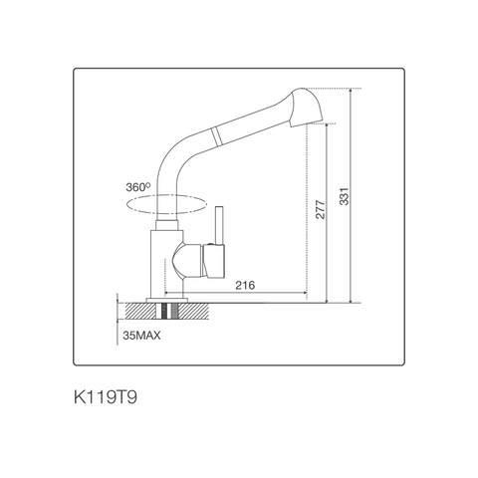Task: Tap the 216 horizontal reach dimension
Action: coord(245,286)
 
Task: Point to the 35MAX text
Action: coord(142,336)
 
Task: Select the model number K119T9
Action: coord(113,397)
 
